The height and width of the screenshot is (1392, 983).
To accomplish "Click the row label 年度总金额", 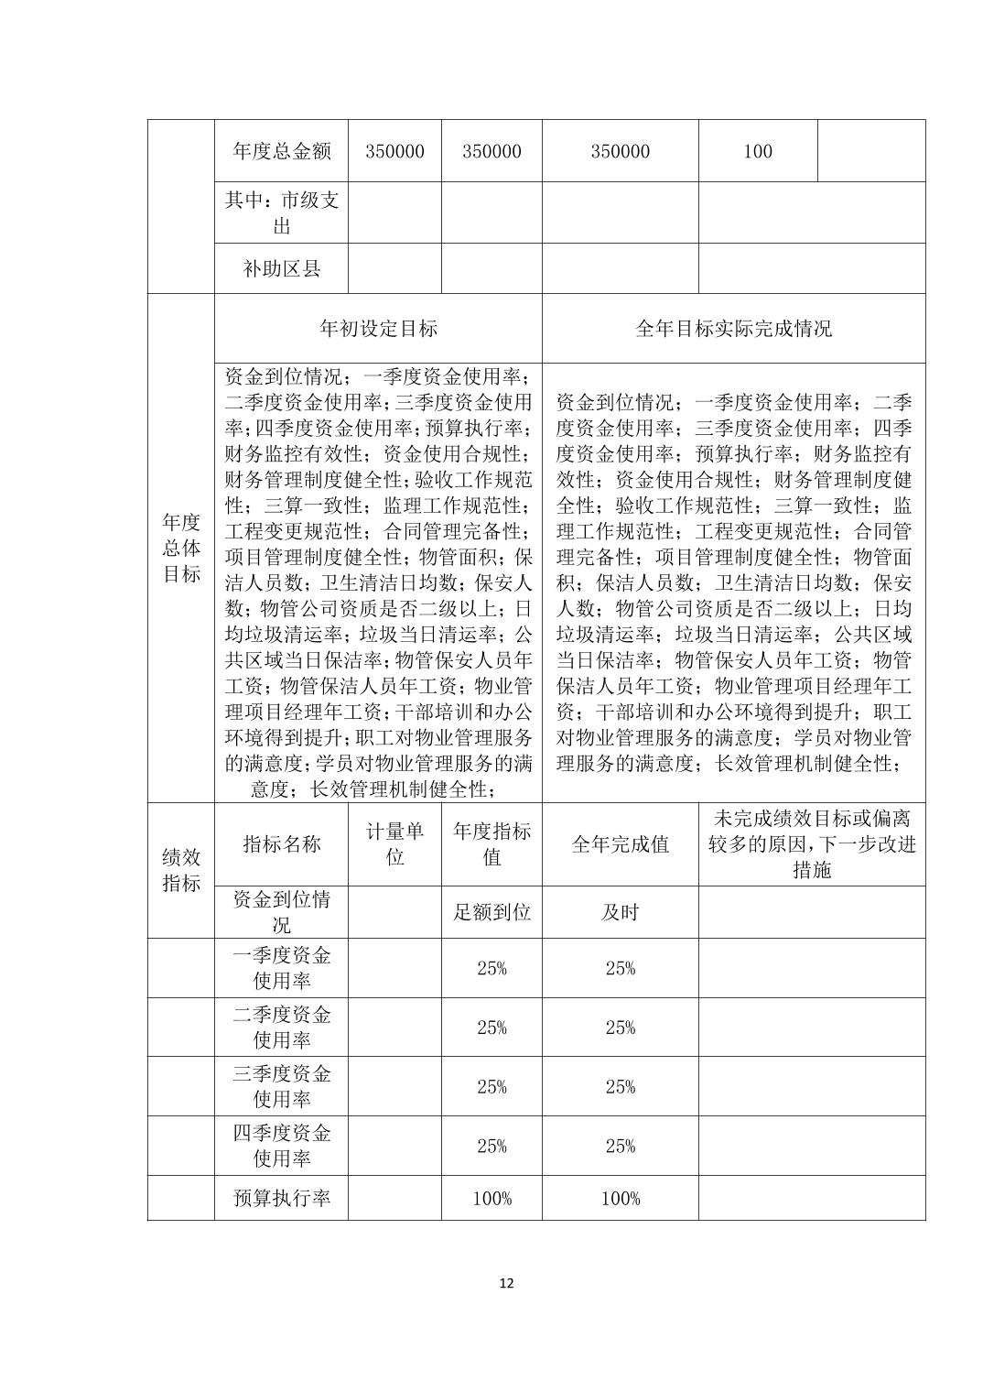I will (x=281, y=151).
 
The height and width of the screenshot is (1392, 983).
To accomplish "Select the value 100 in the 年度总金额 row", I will (x=757, y=151).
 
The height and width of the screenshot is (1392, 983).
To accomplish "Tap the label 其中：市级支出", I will (x=281, y=212).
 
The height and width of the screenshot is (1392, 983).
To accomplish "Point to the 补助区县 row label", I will (x=281, y=269).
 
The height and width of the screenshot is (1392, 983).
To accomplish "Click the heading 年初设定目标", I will (x=378, y=329).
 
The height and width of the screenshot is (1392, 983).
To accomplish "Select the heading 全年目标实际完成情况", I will (x=733, y=329).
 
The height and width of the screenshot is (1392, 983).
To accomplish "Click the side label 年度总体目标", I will (x=181, y=548).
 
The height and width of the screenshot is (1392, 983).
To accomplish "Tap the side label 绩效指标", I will (x=181, y=870).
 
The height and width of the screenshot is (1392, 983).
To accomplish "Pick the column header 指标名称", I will (x=281, y=844).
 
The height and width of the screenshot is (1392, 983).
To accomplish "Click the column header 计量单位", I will (x=394, y=844).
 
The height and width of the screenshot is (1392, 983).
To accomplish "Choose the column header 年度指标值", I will (x=491, y=844).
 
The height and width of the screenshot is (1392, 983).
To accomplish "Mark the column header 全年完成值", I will (x=620, y=844).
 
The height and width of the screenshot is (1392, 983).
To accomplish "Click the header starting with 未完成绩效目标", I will (x=812, y=844).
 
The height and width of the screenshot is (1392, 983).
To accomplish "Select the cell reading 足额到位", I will (x=491, y=912).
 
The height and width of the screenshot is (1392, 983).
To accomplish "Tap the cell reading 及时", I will (x=620, y=912).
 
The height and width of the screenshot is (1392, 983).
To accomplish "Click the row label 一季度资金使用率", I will (x=281, y=968).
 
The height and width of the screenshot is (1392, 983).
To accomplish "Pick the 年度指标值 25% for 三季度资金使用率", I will (x=491, y=1086).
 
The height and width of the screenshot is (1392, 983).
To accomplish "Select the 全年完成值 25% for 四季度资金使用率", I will (x=620, y=1146).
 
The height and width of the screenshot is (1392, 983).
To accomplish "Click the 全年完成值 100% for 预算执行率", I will (x=620, y=1198).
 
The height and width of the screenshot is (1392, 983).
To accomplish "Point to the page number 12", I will (x=507, y=1283).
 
